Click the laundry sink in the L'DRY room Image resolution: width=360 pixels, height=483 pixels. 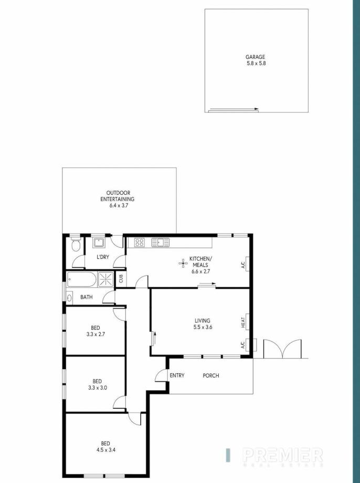(x=98, y=243)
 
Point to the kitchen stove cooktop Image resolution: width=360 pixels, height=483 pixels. (x=140, y=243)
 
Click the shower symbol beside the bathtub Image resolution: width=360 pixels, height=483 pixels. (x=106, y=279)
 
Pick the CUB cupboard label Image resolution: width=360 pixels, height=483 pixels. (x=121, y=279)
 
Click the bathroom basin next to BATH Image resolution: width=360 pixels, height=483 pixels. (x=69, y=297)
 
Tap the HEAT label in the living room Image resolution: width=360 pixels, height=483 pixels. (x=243, y=322)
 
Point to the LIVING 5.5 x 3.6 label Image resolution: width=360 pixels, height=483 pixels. (x=202, y=323)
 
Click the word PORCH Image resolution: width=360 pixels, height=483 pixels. (x=211, y=375)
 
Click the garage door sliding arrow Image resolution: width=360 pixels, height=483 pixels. (x=234, y=110)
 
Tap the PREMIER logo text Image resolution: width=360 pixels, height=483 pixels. (x=282, y=454)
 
